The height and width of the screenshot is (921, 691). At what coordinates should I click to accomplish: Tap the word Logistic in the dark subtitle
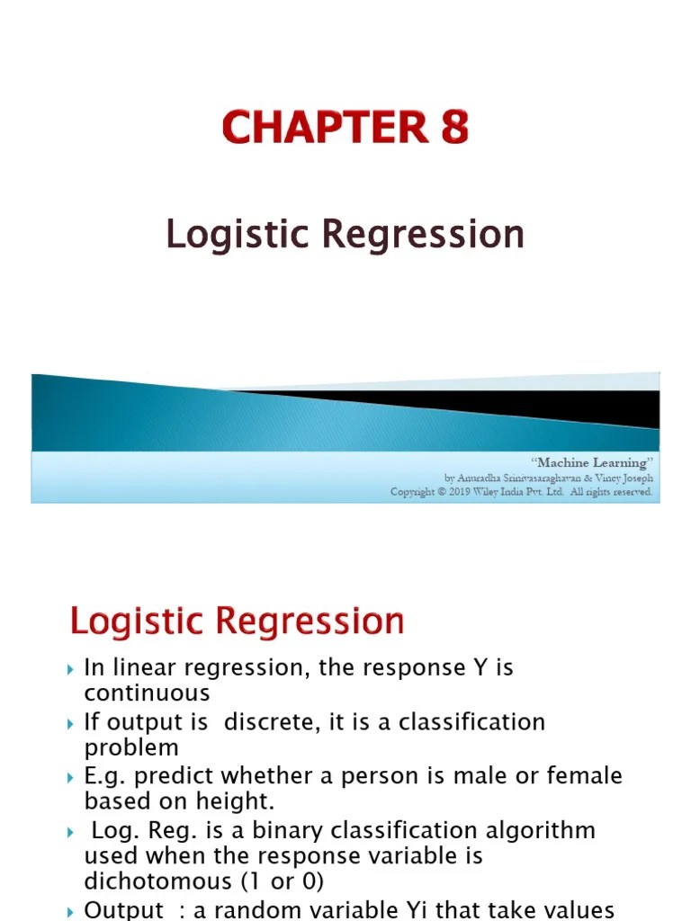pyautogui.click(x=239, y=235)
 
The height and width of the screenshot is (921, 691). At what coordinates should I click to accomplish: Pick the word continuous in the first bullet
pyautogui.click(x=147, y=693)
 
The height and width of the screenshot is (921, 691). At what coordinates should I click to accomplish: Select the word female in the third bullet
pyautogui.click(x=584, y=775)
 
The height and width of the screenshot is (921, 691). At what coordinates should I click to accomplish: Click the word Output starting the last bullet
pyautogui.click(x=124, y=910)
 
